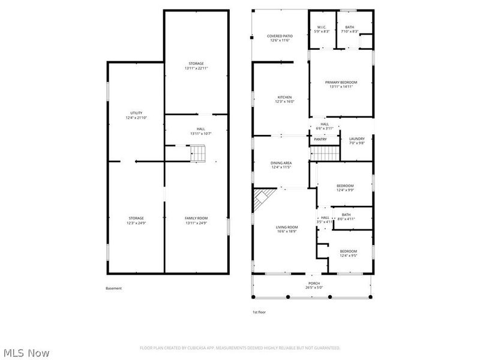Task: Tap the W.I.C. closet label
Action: (x=321, y=27)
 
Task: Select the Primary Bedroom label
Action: (x=341, y=82)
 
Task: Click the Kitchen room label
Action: (x=284, y=97)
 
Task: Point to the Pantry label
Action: (x=320, y=139)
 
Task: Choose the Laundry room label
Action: (x=356, y=139)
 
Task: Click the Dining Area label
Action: (x=281, y=163)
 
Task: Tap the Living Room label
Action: (x=287, y=227)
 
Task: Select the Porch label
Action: (x=314, y=283)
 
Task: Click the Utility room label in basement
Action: (x=136, y=113)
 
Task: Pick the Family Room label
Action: (x=196, y=218)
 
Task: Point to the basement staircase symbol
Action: (x=199, y=154)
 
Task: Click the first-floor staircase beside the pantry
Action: (x=326, y=153)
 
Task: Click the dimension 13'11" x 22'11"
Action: (x=196, y=68)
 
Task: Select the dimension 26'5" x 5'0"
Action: (x=314, y=287)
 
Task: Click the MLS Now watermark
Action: (x=26, y=353)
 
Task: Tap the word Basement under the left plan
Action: (x=113, y=288)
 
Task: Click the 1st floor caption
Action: (x=259, y=312)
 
